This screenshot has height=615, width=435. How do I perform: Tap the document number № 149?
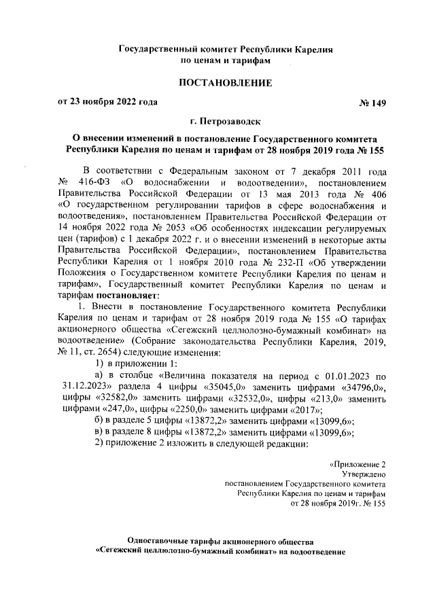372,103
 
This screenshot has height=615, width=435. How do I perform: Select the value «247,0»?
118,412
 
